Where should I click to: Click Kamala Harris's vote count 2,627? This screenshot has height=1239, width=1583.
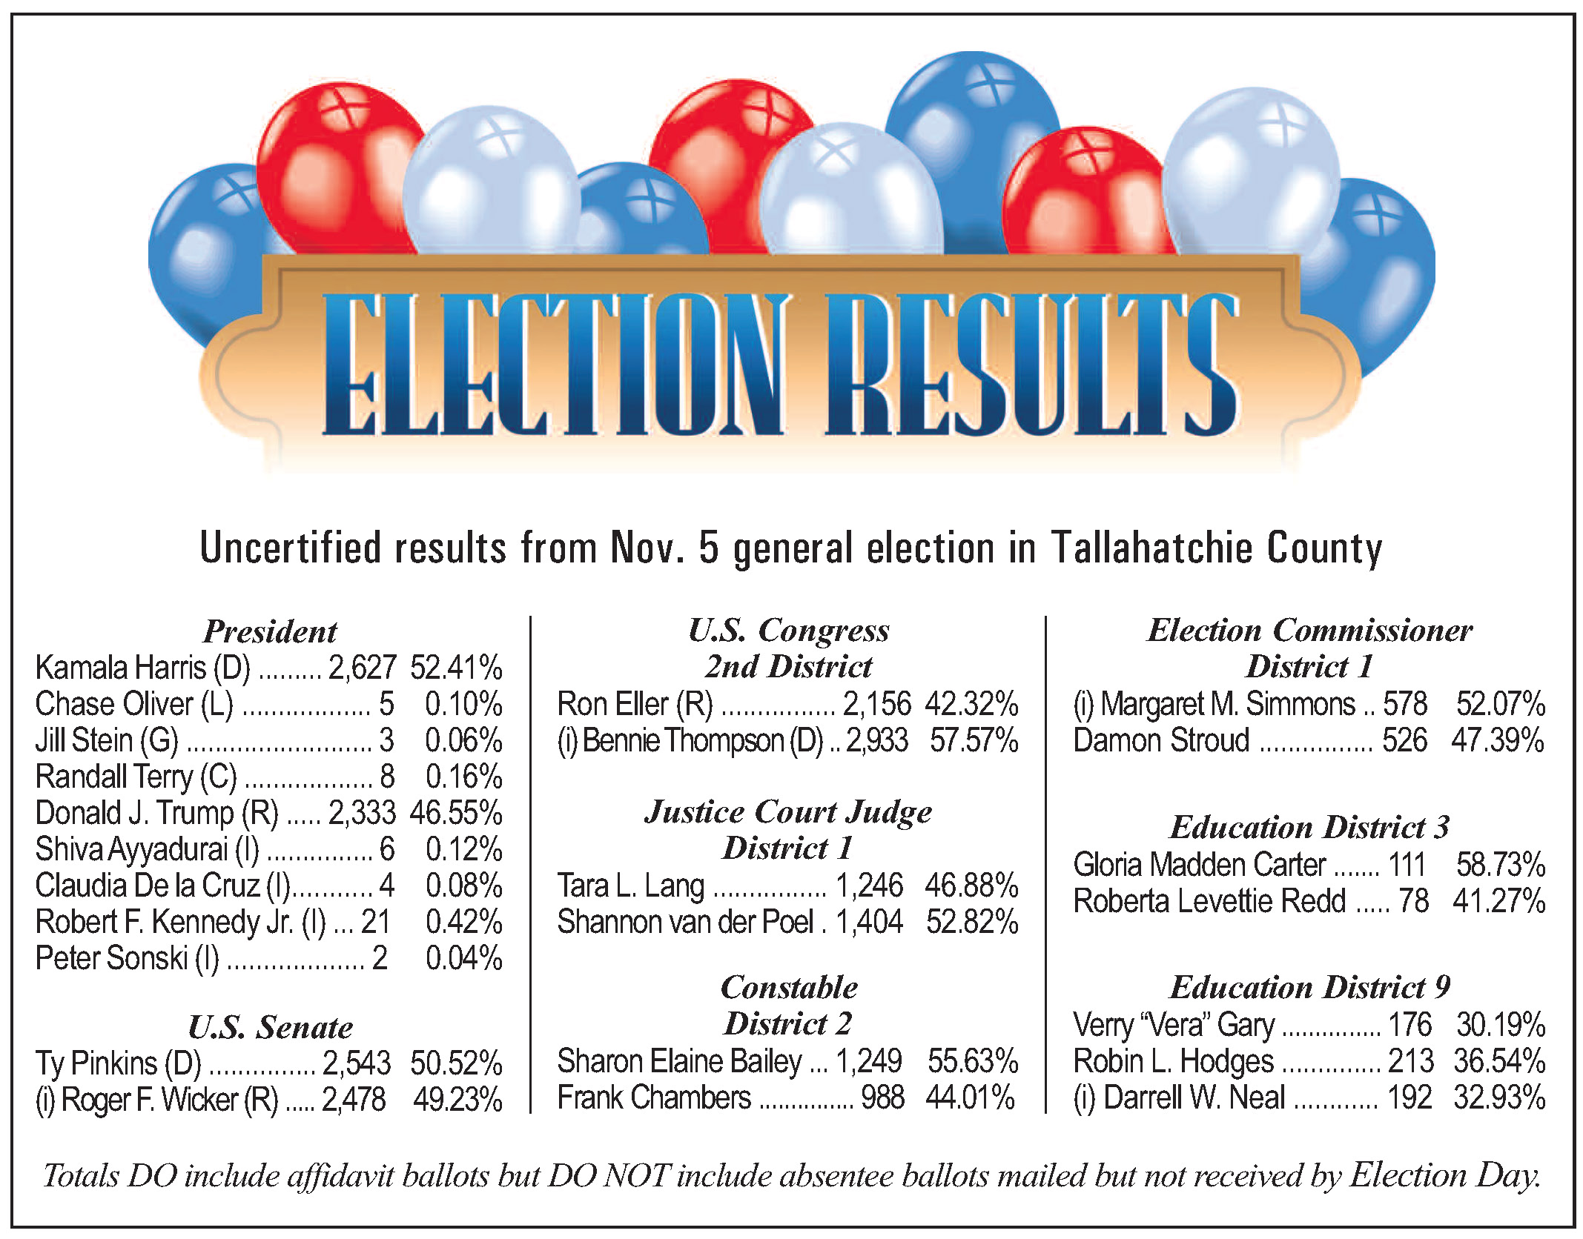362,668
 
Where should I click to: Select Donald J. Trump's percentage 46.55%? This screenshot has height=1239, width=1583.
456,813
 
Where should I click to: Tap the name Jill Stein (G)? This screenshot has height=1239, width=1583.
107,740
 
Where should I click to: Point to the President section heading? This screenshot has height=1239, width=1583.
270,631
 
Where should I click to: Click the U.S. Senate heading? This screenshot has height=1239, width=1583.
270,1027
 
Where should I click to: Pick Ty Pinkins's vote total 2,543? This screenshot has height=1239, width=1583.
356,1063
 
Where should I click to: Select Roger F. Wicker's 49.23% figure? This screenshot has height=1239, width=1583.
457,1100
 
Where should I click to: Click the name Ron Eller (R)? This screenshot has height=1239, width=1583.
635,704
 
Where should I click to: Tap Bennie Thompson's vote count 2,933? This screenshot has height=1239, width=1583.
876,740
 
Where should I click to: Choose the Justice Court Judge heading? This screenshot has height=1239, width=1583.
788,812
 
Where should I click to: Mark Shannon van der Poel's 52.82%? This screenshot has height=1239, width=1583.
972,922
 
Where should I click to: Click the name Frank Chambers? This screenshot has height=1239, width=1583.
654,1097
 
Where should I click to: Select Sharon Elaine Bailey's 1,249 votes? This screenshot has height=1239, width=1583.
869,1061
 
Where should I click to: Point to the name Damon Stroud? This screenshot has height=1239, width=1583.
1161,740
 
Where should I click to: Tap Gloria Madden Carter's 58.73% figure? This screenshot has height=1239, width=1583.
1500,865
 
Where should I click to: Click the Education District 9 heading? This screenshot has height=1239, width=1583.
1309,987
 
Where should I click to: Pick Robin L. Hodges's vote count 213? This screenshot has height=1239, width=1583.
1410,1061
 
